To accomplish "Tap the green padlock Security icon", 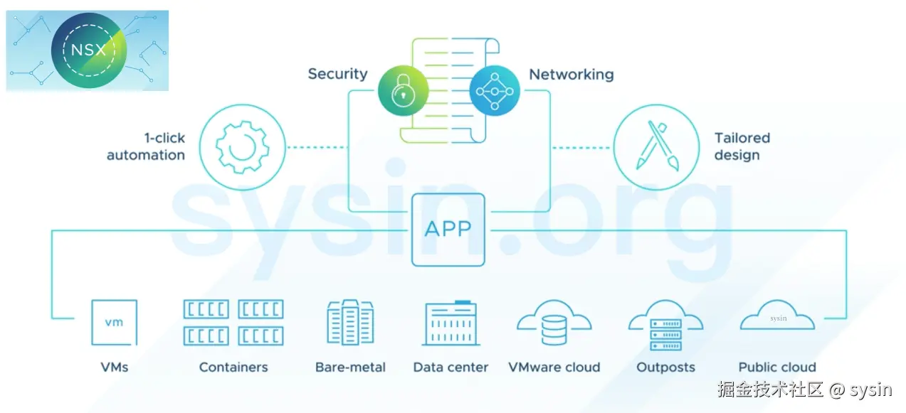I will pos(404,91).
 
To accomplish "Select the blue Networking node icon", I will pos(495,91).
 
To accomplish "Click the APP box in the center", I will pos(448,229).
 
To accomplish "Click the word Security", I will pos(337,74).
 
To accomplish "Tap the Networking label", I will pos(571,74).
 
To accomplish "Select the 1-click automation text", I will pos(146,146).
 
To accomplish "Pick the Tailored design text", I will pos(742,146).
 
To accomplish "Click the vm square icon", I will pos(114,322).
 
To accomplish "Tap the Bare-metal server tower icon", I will pos(350,322).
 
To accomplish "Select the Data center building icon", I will pos(451,323).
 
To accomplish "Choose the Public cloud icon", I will pos(777,317).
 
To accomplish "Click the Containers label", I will pos(233,368).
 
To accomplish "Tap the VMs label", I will pos(114,368).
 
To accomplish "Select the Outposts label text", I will pos(665,368).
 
